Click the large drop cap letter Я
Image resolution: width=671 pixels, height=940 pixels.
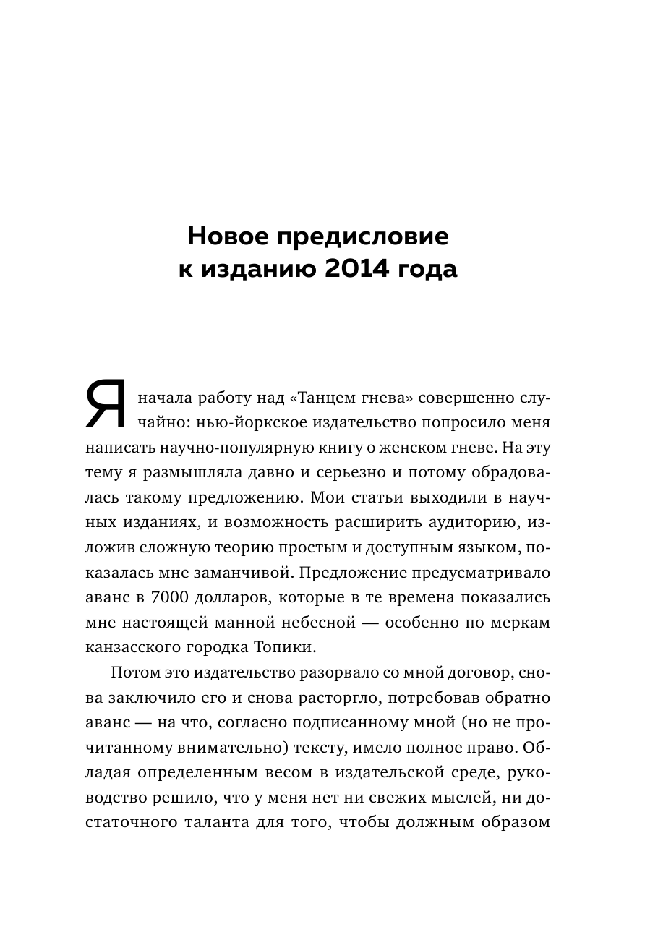coord(107,406)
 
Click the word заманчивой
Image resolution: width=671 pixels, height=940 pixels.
coord(250,573)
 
